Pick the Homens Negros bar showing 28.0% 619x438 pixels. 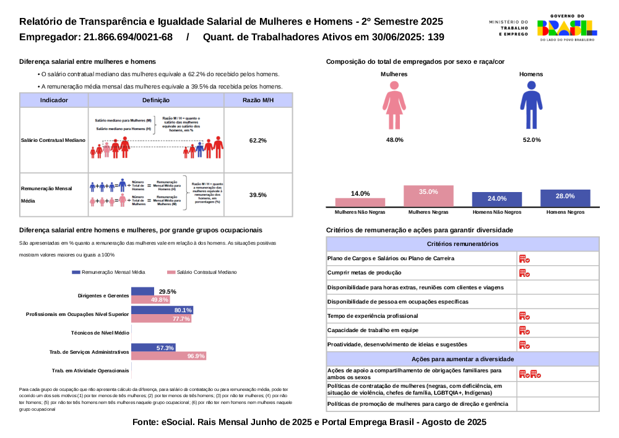565,198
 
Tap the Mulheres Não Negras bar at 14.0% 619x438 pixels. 360,202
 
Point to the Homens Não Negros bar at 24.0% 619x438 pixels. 497,199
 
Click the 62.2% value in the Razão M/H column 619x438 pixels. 258,141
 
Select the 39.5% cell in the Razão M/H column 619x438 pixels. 258,195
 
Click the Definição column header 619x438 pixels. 155,100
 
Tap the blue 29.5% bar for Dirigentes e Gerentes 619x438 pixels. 142,291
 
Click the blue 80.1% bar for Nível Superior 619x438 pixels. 162,310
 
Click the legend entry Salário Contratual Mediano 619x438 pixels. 197,272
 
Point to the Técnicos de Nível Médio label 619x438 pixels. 100,333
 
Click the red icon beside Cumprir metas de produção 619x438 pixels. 524,273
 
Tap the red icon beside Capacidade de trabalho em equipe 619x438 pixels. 524,330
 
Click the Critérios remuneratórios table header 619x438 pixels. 462,244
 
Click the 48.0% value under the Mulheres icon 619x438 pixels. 395,140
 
